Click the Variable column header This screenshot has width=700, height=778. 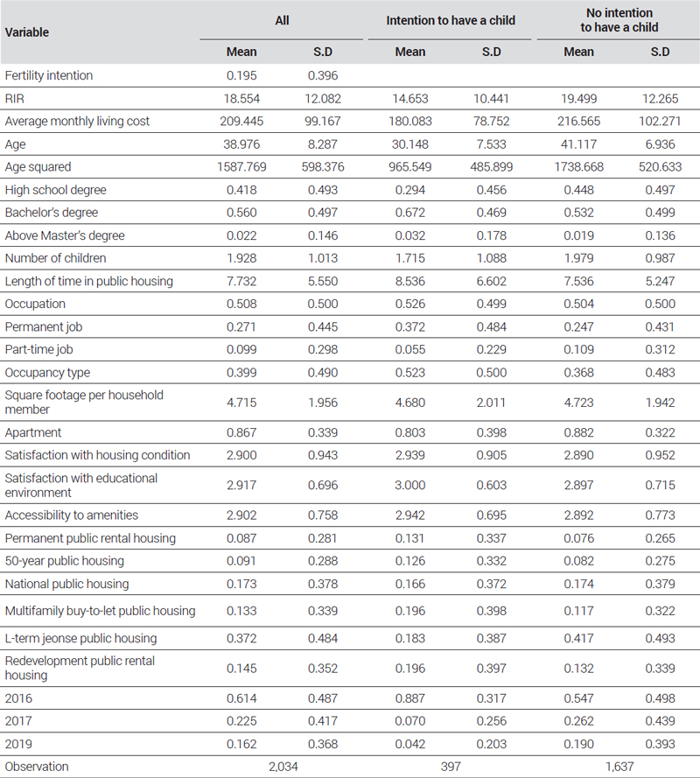27,32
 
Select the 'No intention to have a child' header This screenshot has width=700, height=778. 619,20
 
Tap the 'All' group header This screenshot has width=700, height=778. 282,20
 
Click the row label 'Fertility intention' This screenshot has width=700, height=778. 49,75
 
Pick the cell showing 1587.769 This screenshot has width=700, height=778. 241,166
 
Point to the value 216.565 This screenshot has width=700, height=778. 579,121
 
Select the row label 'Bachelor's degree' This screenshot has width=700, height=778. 52,213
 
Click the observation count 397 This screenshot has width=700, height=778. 451,767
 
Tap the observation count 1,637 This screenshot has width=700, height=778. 619,767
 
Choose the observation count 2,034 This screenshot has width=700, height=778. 283,767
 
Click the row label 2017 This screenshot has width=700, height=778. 18,721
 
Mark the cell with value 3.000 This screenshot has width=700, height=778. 410,485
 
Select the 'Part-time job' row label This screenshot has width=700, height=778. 38,349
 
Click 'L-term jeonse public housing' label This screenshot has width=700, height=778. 80,638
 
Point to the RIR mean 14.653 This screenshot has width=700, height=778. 410,98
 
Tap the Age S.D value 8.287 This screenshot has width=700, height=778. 323,144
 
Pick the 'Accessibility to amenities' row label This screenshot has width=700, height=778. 72,515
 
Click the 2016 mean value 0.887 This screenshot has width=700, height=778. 410,698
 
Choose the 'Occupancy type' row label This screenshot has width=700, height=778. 47,372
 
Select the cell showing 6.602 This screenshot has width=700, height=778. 492,281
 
